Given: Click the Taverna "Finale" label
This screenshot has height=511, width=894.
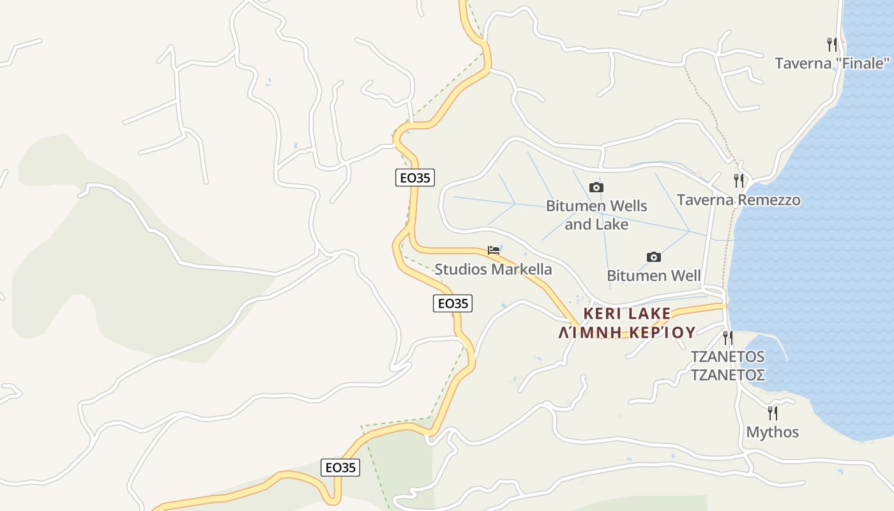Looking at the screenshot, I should click(x=831, y=63).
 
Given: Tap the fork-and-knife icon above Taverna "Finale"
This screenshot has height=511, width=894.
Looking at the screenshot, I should click(x=831, y=45).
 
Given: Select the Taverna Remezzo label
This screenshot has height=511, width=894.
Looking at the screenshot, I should click(x=738, y=200).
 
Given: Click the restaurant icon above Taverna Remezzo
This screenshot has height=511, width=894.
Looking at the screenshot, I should click(x=738, y=181).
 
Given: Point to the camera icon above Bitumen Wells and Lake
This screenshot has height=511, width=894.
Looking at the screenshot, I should click(x=596, y=187).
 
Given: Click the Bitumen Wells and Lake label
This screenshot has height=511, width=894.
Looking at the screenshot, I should click(x=596, y=215).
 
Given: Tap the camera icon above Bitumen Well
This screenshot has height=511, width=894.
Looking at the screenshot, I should click(x=653, y=257).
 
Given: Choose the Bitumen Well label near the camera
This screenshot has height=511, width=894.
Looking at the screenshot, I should click(x=653, y=276).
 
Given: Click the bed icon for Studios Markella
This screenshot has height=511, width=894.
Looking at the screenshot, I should click(x=493, y=250).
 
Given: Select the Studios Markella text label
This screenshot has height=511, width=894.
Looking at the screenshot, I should click(x=493, y=269).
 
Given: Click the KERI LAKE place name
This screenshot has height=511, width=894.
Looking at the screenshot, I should click(x=626, y=314).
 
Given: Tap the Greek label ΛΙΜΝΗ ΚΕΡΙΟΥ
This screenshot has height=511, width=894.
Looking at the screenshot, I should click(x=626, y=333).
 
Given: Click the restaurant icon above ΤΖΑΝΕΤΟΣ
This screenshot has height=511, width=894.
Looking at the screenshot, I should click(x=727, y=337).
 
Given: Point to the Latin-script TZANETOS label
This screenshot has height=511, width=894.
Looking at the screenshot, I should click(x=727, y=356).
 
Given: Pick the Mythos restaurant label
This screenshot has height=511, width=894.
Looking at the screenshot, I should click(x=772, y=432).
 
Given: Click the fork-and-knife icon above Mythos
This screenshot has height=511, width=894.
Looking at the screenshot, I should click(x=772, y=413).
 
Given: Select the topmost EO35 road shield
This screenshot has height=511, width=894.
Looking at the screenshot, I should click(x=415, y=178).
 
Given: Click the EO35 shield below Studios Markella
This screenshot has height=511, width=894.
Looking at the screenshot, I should click(x=453, y=303).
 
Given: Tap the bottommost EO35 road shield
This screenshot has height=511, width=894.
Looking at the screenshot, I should click(x=340, y=468).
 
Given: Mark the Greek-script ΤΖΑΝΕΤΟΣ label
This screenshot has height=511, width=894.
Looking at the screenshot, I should click(x=727, y=374).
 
